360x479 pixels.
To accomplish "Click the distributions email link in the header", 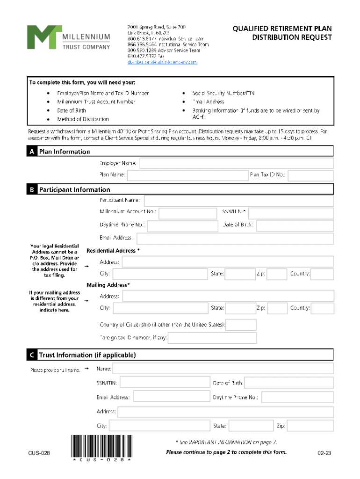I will (163, 62).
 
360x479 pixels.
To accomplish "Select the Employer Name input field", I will (236, 163).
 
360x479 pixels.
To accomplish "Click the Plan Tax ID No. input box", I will (310, 175).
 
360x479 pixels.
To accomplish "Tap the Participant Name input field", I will (238, 201).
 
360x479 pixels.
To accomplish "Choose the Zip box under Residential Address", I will (277, 274).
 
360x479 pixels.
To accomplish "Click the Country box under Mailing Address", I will (323, 309).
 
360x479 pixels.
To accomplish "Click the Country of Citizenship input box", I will (241, 325).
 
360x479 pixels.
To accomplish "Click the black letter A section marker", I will (31, 152).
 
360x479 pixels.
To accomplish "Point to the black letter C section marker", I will (31, 356).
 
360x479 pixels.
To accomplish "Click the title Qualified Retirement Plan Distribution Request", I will (282, 33).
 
